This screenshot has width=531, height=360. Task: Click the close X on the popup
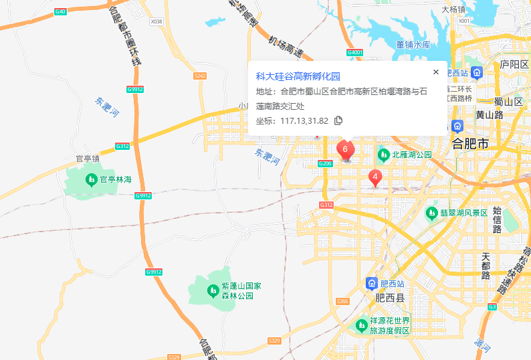tap(436, 72)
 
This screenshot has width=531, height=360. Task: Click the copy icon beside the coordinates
tap(338, 120)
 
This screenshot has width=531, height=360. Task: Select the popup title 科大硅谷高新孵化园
tap(298, 76)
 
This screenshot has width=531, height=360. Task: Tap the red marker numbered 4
tap(376, 178)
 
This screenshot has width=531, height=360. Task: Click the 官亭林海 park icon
tap(91, 179)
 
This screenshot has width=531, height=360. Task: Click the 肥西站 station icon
tap(371, 284)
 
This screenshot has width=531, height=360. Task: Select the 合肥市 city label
tap(470, 144)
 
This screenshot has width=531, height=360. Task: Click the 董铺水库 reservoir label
tap(413, 45)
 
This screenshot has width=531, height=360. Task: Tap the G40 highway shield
tap(61, 12)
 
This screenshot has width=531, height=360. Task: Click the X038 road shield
tap(156, 21)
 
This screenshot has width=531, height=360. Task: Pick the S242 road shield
tap(200, 76)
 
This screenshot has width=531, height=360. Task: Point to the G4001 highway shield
tap(354, 52)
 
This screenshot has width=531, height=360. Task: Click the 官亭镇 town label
tap(87, 159)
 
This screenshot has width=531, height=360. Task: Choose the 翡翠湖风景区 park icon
tap(432, 213)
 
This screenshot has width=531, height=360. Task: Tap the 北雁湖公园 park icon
tap(384, 155)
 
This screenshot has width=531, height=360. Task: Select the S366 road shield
tap(343, 302)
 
